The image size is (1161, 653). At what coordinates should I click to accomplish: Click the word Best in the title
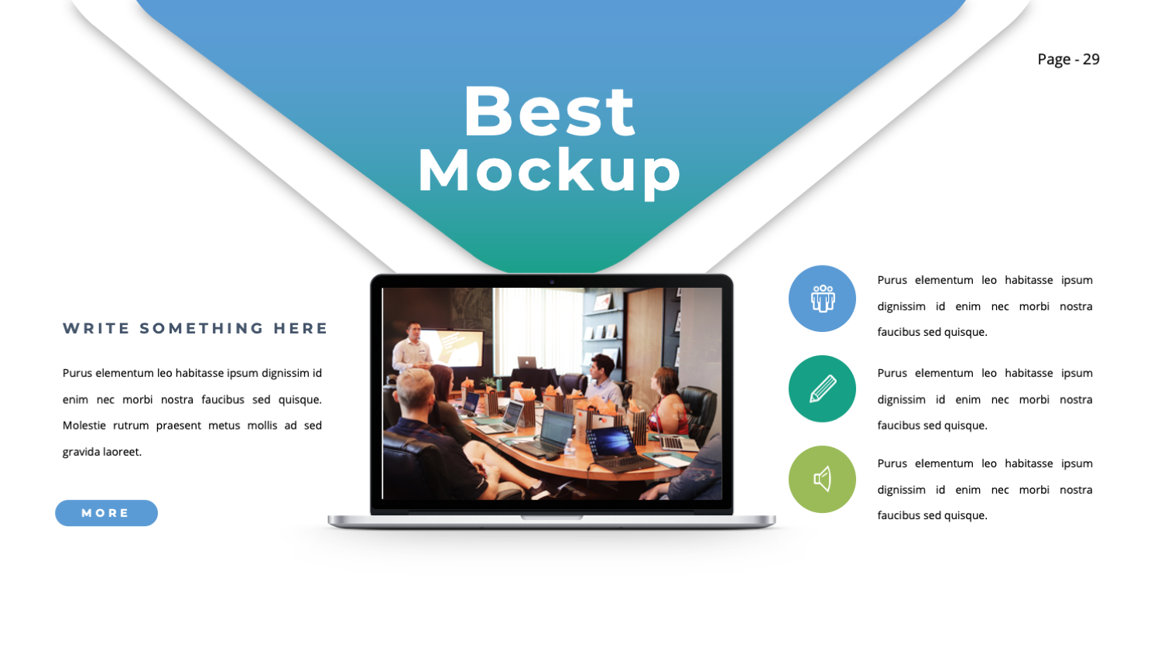point(549,112)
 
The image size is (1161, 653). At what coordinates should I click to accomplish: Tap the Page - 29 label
point(1068,60)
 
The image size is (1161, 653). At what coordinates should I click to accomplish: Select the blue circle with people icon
point(822,299)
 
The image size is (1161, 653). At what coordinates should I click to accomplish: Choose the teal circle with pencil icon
point(822,388)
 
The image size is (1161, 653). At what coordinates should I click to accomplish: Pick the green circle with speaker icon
point(822,479)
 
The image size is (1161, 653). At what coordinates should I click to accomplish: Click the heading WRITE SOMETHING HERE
point(195,328)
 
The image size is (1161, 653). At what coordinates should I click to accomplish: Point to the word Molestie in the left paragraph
point(84,426)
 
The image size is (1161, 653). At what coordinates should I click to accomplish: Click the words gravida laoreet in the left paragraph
point(102,452)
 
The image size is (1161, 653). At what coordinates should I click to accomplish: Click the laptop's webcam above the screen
point(552,282)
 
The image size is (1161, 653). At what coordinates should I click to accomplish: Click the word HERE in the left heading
point(300,328)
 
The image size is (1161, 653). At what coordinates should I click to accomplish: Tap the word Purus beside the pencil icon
point(892,373)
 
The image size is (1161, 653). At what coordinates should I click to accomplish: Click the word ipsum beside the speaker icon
point(1077,463)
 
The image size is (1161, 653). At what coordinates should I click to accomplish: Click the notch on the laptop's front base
point(552,517)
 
